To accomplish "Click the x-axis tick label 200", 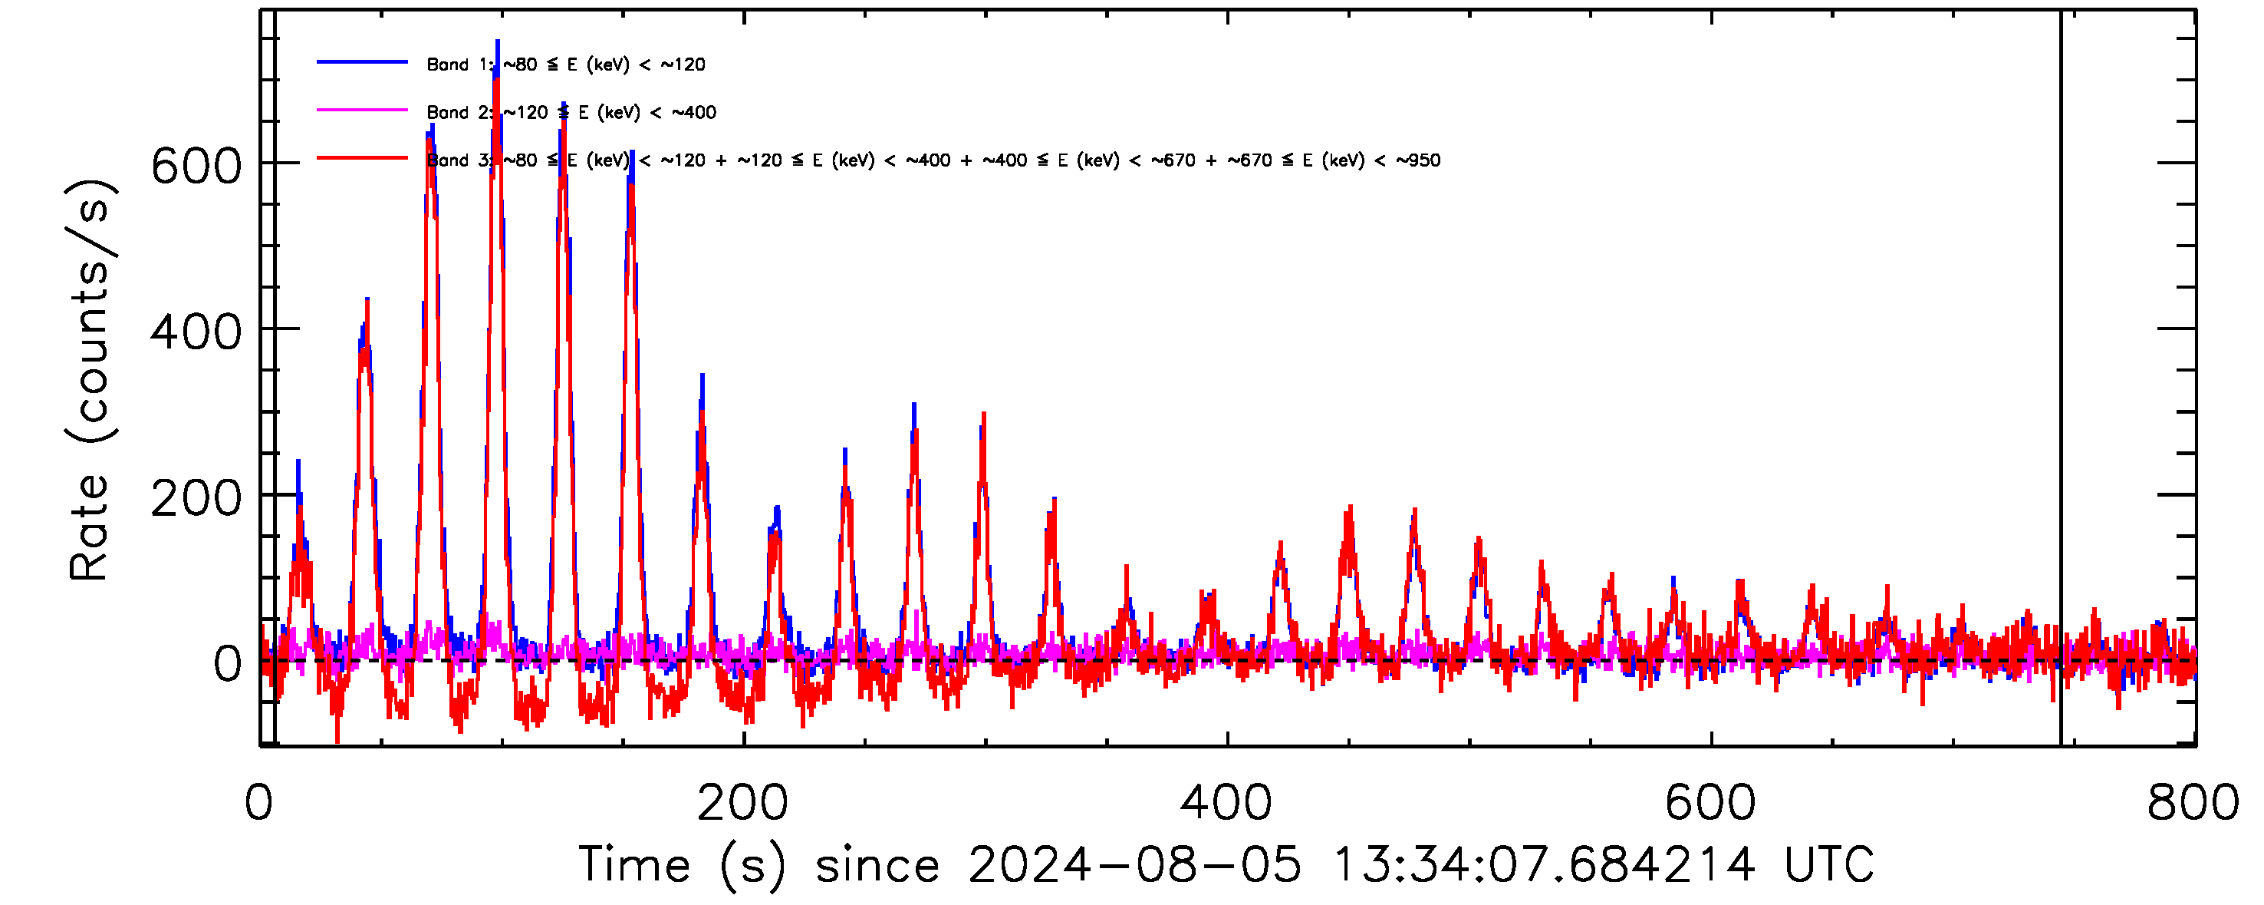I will (x=742, y=803).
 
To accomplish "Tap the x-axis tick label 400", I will (x=1226, y=803).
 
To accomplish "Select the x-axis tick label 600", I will (x=1710, y=803).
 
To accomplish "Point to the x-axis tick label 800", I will (x=2193, y=803).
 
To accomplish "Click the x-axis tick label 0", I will (x=258, y=803).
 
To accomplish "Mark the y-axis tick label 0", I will (x=227, y=664).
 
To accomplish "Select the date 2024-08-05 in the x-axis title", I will (x=1134, y=864).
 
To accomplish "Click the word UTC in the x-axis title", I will (x=1829, y=864).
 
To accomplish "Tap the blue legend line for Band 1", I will (x=362, y=62).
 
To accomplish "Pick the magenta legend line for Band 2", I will (x=362, y=110).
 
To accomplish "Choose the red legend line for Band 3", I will (x=362, y=158).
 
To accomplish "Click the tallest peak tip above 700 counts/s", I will (x=498, y=41).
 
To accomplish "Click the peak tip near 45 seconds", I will (x=367, y=299).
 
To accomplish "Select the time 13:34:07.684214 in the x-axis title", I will (x=1543, y=864).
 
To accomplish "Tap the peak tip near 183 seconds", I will (x=703, y=375).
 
